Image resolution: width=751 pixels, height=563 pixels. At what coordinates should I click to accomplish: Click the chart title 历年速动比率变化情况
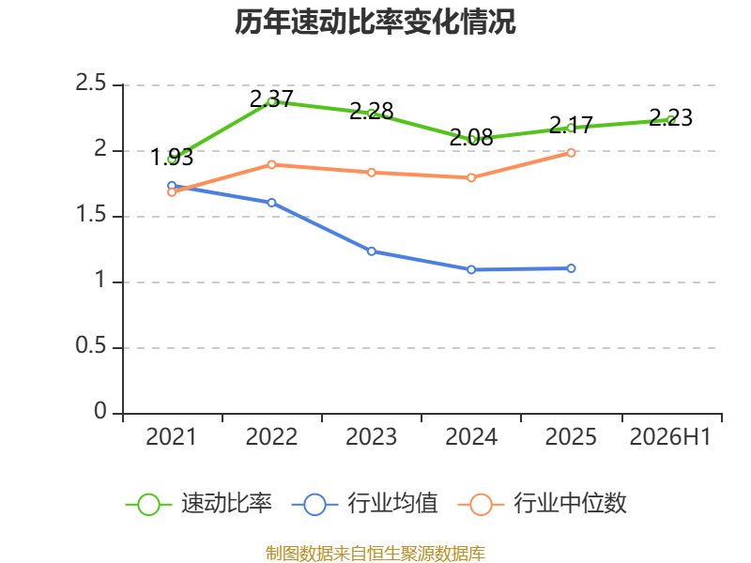pyautogui.click(x=375, y=22)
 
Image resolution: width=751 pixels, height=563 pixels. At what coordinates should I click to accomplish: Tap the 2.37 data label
pyautogui.click(x=271, y=99)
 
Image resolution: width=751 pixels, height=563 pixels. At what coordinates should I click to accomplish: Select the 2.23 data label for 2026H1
pyautogui.click(x=670, y=117)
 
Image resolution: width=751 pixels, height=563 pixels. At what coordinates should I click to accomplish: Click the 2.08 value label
pyautogui.click(x=471, y=137)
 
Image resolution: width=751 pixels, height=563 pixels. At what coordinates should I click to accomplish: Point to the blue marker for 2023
pyautogui.click(x=372, y=251)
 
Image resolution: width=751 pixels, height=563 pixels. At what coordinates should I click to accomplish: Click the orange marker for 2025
pyautogui.click(x=571, y=153)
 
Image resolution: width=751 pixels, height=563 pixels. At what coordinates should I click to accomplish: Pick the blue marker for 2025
pyautogui.click(x=571, y=268)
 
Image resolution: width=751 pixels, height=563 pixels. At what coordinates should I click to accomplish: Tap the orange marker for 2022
pyautogui.click(x=271, y=165)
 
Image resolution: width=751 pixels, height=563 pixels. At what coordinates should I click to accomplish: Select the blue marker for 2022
pyautogui.click(x=271, y=203)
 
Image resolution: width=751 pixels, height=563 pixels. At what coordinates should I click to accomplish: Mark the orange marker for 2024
pyautogui.click(x=471, y=177)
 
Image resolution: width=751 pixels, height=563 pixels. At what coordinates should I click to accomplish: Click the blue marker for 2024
pyautogui.click(x=471, y=270)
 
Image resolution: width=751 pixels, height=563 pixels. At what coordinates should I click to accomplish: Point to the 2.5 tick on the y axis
pyautogui.click(x=90, y=83)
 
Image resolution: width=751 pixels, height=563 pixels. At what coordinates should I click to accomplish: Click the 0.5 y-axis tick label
pyautogui.click(x=90, y=345)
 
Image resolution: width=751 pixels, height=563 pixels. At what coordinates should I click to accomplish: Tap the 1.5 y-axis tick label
pyautogui.click(x=90, y=215)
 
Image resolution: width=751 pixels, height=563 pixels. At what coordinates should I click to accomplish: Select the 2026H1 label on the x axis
pyautogui.click(x=670, y=437)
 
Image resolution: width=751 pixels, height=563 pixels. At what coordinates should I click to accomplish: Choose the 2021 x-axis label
pyautogui.click(x=172, y=437)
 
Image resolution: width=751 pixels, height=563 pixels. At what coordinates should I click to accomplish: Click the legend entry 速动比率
pyautogui.click(x=198, y=504)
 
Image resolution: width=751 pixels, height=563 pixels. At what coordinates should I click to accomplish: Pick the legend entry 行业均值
pyautogui.click(x=364, y=504)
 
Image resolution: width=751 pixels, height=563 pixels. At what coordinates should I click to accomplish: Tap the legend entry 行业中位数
pyautogui.click(x=543, y=504)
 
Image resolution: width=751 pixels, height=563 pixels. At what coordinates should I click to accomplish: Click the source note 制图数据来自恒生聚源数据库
pyautogui.click(x=375, y=554)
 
